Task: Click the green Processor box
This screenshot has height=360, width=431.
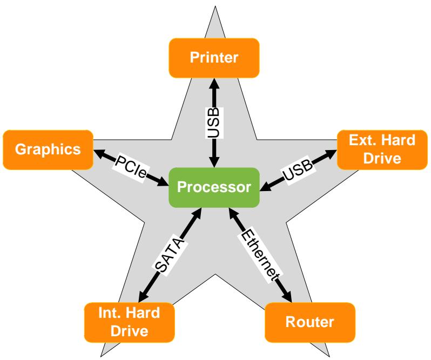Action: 214,187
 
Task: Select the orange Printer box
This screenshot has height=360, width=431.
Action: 214,58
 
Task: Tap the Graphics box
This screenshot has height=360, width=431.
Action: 48,150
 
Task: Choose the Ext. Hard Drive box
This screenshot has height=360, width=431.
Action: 382,150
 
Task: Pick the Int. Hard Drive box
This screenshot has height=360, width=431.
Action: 130,322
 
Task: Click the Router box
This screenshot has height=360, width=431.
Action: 310,322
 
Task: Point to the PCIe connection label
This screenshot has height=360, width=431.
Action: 131,166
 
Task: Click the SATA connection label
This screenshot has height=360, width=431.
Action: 170,254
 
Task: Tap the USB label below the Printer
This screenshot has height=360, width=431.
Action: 214,123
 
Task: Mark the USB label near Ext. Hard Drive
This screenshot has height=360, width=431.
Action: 298,170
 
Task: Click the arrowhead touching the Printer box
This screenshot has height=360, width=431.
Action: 214,84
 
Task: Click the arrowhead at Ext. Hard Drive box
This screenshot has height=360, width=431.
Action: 331,153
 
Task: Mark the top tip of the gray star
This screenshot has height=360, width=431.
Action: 215,6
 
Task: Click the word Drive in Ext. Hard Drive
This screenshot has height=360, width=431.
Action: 382,159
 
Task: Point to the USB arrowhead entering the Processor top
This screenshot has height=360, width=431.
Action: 214,162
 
